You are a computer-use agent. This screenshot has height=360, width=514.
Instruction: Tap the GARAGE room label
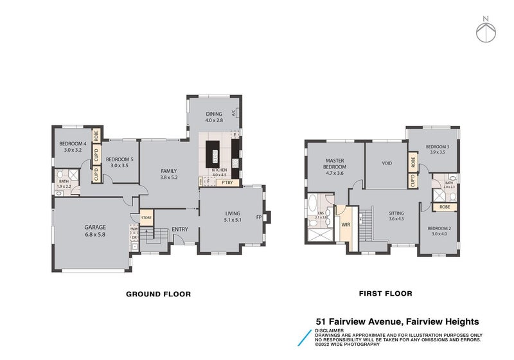[95, 227]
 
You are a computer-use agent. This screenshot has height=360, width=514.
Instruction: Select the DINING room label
[213, 114]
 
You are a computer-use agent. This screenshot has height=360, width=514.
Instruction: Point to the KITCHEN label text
[220, 169]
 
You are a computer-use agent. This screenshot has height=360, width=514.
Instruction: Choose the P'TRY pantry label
[226, 183]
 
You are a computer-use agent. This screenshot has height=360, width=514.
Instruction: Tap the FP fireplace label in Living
[260, 217]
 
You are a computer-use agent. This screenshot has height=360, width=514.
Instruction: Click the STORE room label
[146, 218]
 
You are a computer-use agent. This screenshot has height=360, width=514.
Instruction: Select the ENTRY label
[180, 230]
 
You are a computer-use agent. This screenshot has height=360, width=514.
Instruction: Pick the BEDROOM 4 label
[73, 143]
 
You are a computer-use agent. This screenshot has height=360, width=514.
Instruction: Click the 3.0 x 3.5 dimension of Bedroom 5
[120, 166]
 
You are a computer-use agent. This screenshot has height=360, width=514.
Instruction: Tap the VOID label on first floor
[387, 163]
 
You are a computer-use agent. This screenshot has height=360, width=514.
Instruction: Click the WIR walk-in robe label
[345, 226]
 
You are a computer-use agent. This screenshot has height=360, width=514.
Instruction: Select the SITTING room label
[396, 213]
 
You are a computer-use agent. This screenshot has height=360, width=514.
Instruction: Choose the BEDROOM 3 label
[438, 147]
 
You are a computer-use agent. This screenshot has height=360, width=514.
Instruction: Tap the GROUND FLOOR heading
[158, 294]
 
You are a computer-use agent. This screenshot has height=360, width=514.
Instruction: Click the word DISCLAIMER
[329, 330]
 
